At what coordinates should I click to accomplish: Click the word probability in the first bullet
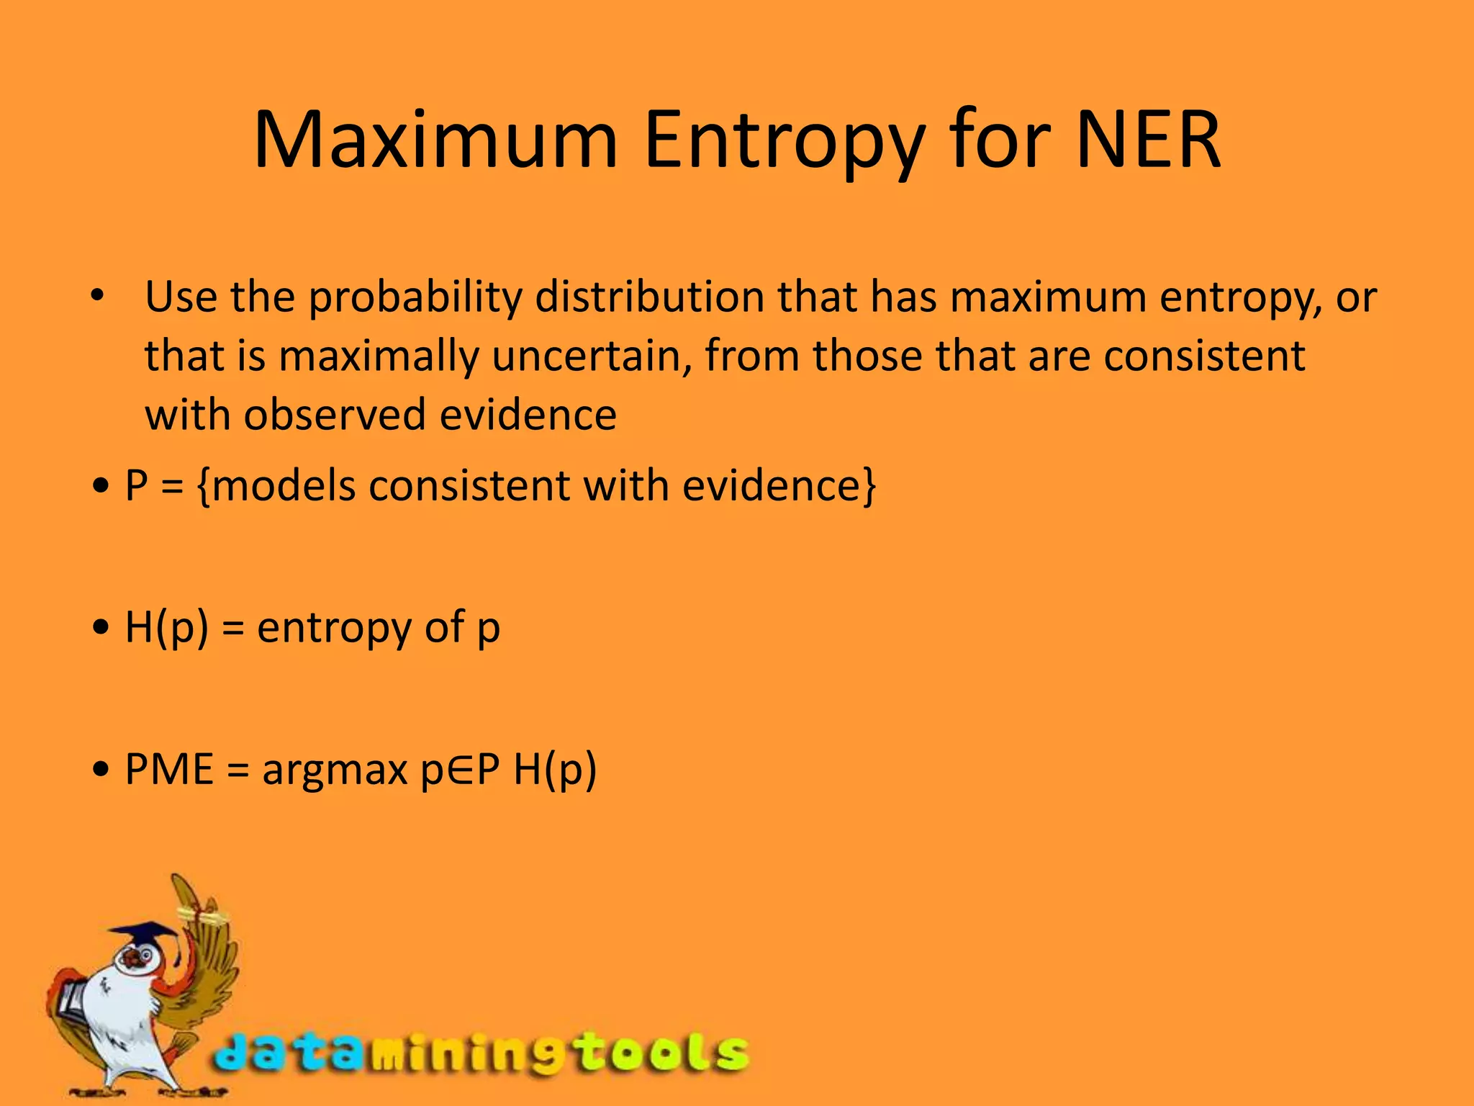[415, 297]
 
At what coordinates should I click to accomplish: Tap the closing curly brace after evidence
[870, 487]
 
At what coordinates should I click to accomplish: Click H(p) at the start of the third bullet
[166, 627]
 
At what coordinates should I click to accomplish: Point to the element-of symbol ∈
[461, 769]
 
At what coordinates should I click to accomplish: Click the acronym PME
[170, 769]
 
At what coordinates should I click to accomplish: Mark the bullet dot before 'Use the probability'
[99, 296]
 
